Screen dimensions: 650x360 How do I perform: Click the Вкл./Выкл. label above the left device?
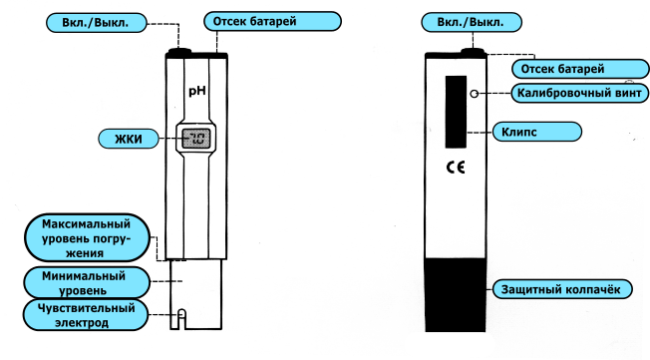coord(96,22)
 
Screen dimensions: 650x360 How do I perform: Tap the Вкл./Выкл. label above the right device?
coord(472,22)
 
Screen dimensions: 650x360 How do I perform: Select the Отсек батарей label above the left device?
coord(272,21)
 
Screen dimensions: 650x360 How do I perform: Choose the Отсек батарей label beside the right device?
coord(580,69)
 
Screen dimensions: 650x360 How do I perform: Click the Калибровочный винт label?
coord(580,93)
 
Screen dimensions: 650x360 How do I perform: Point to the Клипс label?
coord(536,132)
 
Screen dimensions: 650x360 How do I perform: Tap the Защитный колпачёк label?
coord(562,289)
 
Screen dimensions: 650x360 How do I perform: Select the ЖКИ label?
coord(129,139)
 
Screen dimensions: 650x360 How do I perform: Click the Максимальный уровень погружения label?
coord(87,238)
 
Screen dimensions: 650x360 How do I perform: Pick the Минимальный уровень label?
coord(86,282)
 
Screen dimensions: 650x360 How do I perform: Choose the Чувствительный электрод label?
coord(86,315)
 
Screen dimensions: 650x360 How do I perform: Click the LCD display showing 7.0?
coord(196,139)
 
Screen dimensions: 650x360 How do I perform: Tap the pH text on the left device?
coord(197,91)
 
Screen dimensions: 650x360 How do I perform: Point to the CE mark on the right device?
coord(456,167)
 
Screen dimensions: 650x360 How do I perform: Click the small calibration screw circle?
coord(475,94)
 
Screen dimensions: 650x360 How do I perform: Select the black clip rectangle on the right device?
coord(456,112)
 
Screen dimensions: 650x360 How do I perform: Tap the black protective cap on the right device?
coord(456,295)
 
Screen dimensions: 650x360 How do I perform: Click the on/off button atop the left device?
coord(179,52)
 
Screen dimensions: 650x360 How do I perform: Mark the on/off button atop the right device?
coord(473,52)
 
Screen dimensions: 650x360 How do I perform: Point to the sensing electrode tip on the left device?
coord(181,318)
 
